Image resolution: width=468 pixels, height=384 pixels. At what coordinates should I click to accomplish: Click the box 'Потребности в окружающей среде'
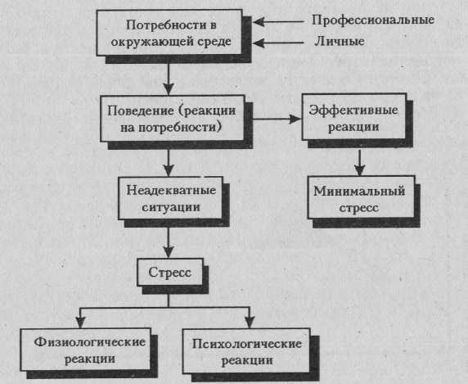[x=169, y=33]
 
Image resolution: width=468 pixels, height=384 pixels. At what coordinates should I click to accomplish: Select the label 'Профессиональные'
[x=373, y=20]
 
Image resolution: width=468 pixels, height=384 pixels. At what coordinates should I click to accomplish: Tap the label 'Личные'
[x=340, y=41]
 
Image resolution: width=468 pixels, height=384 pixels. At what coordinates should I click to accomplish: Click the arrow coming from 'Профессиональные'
[x=278, y=22]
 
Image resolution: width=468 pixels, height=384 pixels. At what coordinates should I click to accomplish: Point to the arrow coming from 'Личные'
[x=278, y=43]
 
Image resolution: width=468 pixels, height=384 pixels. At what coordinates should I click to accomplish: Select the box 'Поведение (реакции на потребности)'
[x=172, y=119]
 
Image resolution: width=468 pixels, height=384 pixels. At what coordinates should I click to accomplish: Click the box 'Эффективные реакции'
[x=354, y=117]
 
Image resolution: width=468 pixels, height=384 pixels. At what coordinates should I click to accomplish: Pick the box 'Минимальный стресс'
[x=361, y=197]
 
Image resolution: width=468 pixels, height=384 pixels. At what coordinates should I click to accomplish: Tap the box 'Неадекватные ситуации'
[x=170, y=198]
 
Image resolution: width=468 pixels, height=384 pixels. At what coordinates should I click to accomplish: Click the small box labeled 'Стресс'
[x=170, y=272]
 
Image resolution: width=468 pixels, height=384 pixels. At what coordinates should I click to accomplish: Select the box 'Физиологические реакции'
[x=85, y=350]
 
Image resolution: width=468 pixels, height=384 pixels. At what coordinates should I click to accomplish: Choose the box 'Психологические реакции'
[x=246, y=351]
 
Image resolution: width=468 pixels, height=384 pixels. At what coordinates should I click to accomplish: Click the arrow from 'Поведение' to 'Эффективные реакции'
[x=277, y=120]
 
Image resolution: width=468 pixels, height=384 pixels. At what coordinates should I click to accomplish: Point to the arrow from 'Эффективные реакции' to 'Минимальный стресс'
[x=360, y=162]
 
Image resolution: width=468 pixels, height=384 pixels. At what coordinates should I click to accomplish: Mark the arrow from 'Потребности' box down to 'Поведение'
[x=169, y=79]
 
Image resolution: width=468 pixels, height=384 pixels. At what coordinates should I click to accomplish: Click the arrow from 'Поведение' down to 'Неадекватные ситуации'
[x=169, y=163]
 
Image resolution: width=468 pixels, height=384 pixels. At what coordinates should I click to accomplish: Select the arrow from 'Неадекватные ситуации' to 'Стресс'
[x=169, y=242]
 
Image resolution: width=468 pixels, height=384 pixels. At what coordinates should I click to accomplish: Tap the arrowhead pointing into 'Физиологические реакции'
[x=80, y=322]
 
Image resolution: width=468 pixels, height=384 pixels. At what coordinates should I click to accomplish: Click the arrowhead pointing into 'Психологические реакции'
[x=250, y=323]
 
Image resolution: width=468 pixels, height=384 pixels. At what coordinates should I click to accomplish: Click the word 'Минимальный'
[x=359, y=191]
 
